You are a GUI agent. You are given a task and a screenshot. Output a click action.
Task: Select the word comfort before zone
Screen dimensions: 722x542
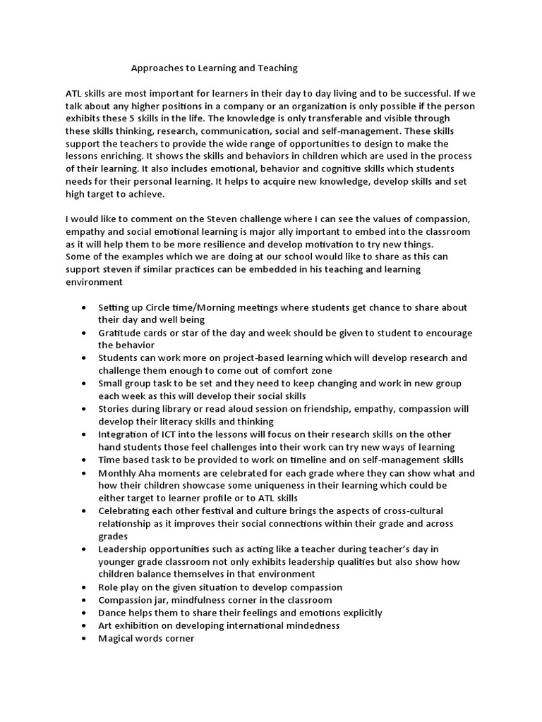277,371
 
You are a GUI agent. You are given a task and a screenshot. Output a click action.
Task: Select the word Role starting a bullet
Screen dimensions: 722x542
109,587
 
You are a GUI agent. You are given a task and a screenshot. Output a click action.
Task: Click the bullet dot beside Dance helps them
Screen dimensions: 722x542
85,613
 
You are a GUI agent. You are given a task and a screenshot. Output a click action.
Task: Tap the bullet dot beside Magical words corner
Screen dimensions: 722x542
85,638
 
